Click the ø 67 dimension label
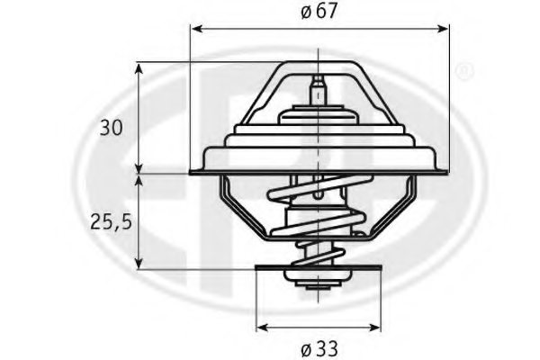pos(319,12)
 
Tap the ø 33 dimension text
pos(319,346)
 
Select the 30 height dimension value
pos(111,128)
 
